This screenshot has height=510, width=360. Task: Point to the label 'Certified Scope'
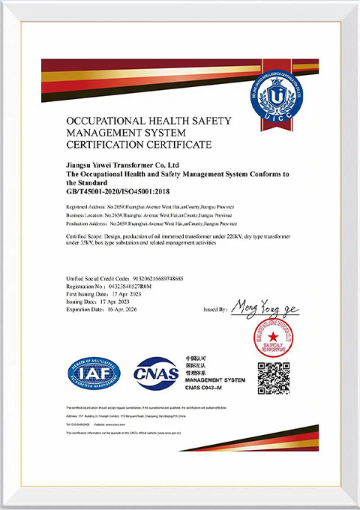click(x=85, y=235)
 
